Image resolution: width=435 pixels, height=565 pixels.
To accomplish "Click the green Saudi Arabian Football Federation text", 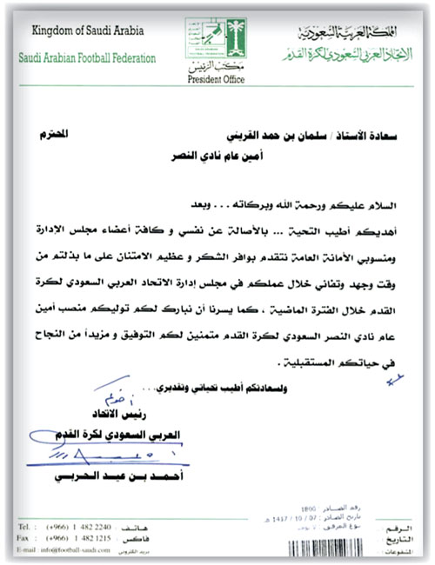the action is point(84,59).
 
